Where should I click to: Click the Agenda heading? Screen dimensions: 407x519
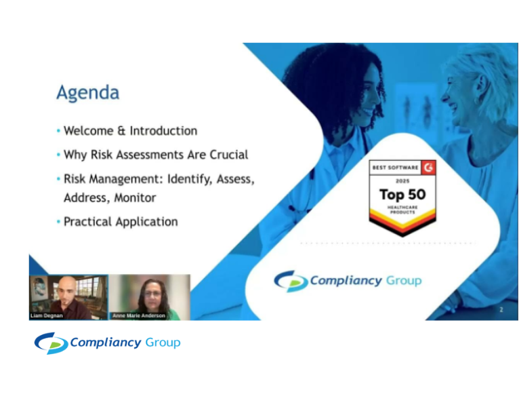click(x=87, y=93)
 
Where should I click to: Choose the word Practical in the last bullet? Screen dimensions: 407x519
click(x=89, y=222)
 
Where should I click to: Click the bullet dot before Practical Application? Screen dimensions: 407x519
click(x=58, y=222)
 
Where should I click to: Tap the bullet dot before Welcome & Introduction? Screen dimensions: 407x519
click(x=58, y=131)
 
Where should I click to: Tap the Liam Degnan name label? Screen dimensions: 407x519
click(x=47, y=315)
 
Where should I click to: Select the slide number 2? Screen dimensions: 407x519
click(x=501, y=310)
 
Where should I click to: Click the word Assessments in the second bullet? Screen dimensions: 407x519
click(x=154, y=155)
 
